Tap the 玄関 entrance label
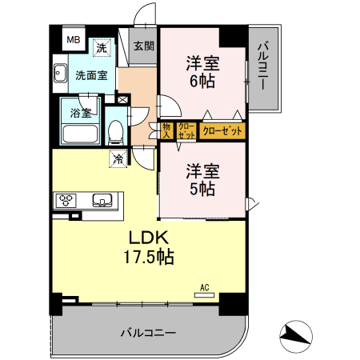(144, 46)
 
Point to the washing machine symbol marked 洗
(101, 48)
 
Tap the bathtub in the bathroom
(78, 134)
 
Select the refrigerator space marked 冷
(118, 159)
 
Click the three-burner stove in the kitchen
(66, 200)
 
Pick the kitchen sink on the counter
(102, 200)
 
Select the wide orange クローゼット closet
(222, 130)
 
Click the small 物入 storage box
(166, 130)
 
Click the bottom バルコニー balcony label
(148, 330)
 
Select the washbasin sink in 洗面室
(59, 76)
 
